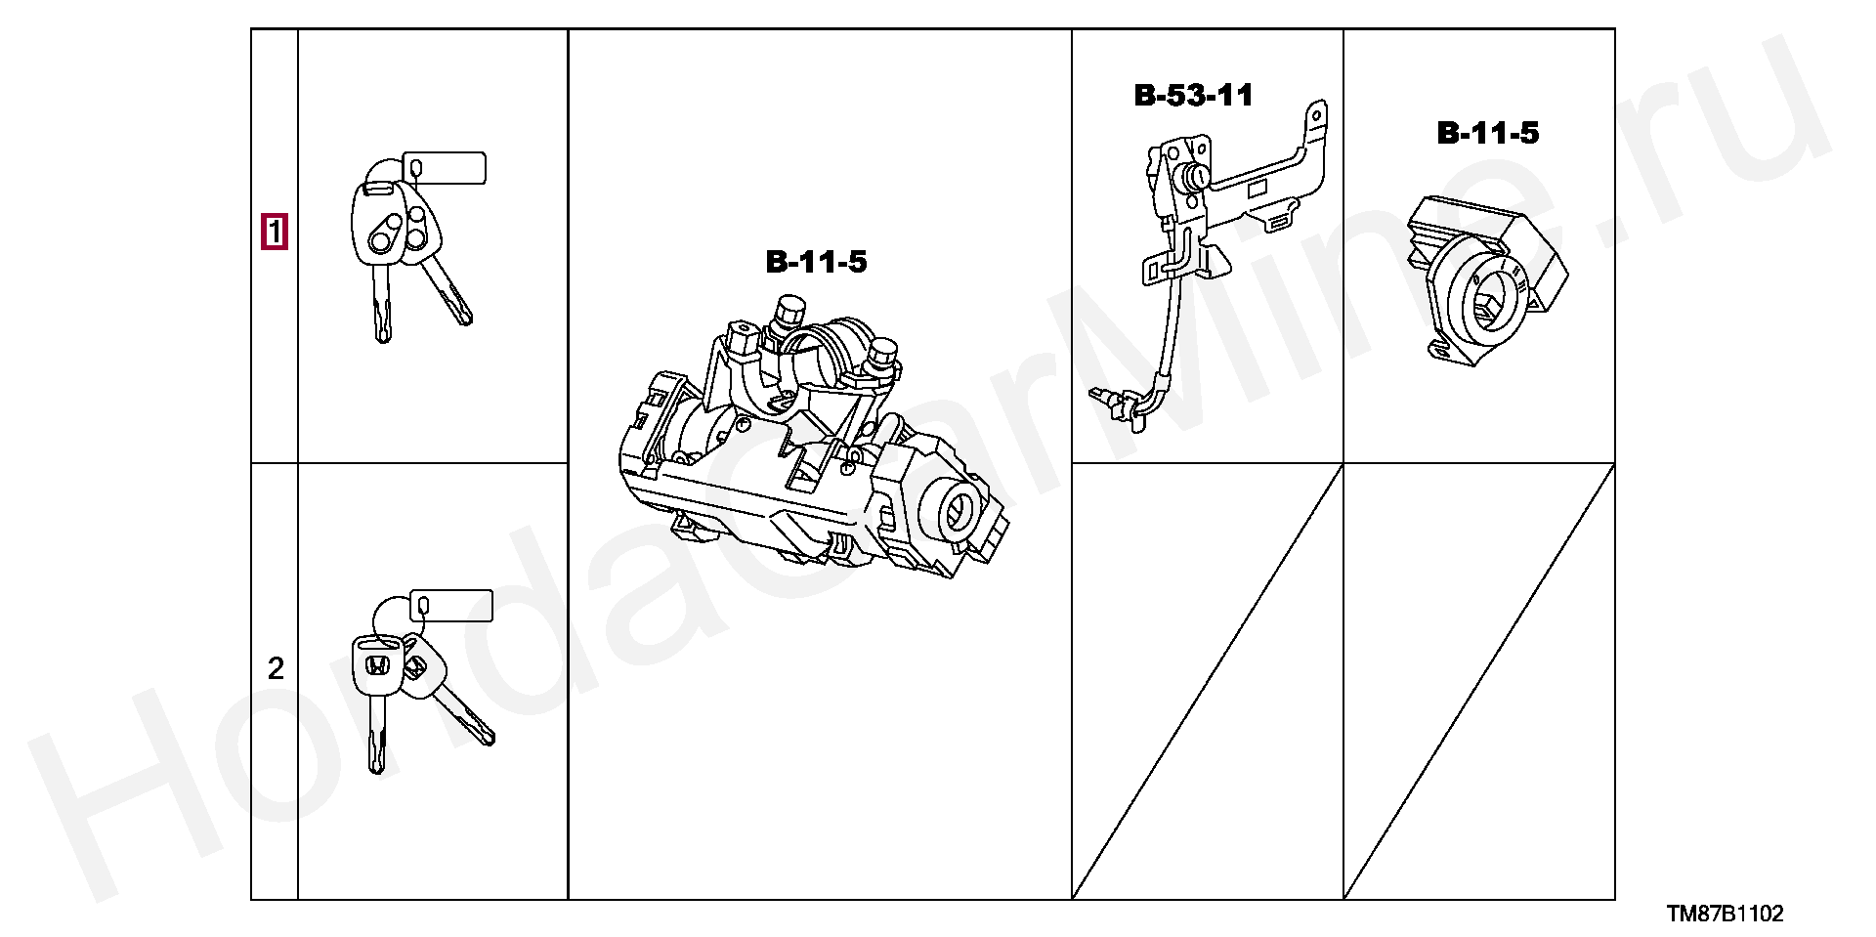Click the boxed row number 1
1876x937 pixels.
tap(275, 232)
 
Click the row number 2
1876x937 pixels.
tap(276, 668)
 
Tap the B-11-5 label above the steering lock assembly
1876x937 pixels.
tap(816, 262)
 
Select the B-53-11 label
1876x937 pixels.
tap(1193, 95)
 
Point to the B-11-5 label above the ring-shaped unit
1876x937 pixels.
tap(1487, 133)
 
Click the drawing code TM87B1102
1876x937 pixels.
tap(1725, 914)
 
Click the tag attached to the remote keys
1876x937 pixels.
tap(445, 167)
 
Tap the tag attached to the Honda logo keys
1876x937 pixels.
tap(451, 605)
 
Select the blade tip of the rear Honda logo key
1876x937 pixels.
tap(485, 737)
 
